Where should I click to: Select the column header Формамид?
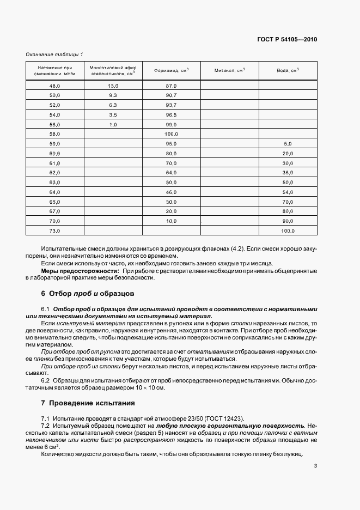click(x=172, y=70)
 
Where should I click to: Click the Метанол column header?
click(x=229, y=70)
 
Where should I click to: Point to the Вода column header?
click(x=288, y=70)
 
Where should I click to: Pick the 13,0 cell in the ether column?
click(x=113, y=86)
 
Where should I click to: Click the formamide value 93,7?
click(x=172, y=105)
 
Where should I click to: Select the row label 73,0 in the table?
click(x=54, y=232)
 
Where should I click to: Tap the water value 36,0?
click(x=288, y=172)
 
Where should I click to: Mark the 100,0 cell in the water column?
click(x=288, y=232)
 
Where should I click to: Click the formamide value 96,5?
click(x=172, y=115)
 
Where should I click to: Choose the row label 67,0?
click(x=54, y=211)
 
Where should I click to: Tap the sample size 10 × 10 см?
click(x=148, y=388)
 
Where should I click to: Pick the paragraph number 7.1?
click(x=45, y=418)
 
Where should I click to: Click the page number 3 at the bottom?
click(x=316, y=466)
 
